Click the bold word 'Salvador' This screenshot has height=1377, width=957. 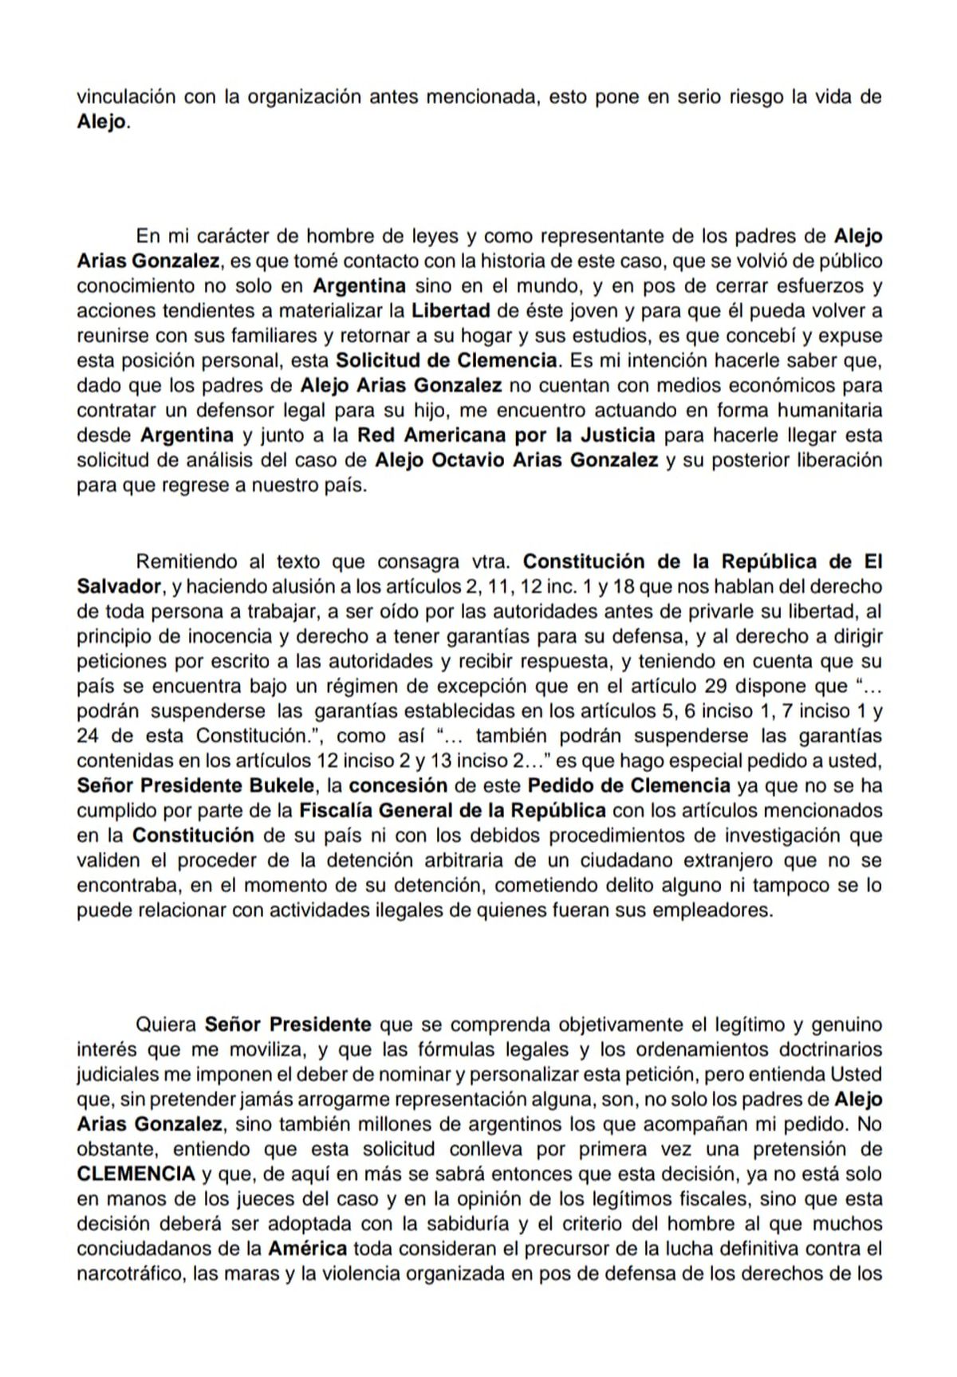pos(120,586)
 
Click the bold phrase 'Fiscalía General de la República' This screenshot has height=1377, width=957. pos(452,810)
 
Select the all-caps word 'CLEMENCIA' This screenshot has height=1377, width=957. pos(136,1173)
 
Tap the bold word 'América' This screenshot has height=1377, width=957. pos(307,1248)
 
